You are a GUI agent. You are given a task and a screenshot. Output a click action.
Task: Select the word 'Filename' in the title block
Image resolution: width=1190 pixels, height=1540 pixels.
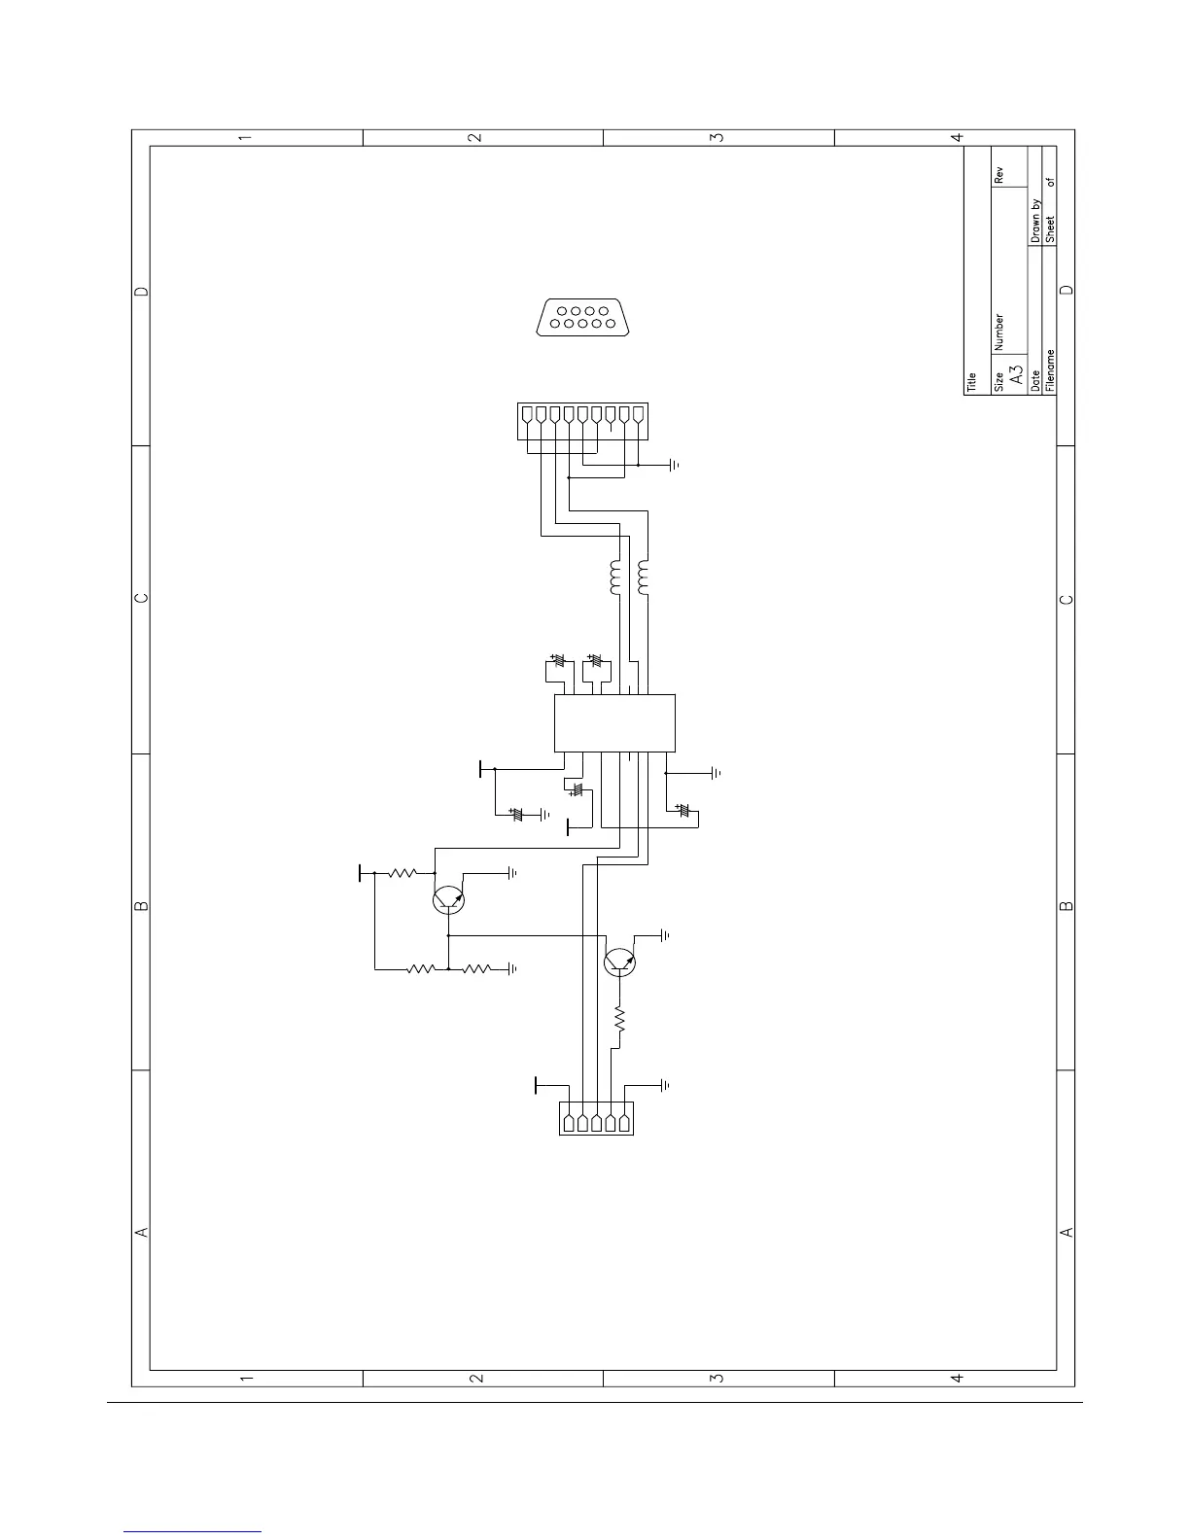pos(1050,369)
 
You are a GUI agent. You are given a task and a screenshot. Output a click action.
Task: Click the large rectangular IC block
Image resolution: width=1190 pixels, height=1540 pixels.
pos(614,723)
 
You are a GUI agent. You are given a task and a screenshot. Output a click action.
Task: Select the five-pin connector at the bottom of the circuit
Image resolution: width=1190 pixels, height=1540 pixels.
pos(596,1118)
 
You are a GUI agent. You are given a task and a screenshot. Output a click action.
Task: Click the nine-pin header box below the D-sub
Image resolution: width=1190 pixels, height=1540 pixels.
pos(581,418)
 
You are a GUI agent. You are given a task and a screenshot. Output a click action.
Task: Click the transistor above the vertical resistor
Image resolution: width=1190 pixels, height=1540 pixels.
pos(620,962)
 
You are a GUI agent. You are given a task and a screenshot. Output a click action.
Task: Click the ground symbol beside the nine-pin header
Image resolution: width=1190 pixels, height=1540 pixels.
pos(674,466)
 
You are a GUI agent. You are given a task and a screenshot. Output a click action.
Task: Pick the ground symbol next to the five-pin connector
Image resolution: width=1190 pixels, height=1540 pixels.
pos(666,1084)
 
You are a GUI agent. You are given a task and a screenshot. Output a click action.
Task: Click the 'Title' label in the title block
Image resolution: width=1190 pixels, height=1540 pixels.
pos(971,383)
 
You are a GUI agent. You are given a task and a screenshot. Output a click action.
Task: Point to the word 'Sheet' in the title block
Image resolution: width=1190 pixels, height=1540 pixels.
pos(1050,227)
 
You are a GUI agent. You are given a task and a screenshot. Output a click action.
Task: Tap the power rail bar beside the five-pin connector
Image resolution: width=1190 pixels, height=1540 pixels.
pos(536,1084)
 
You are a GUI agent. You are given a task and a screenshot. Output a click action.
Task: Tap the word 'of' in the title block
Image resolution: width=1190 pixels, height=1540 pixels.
pos(1050,182)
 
